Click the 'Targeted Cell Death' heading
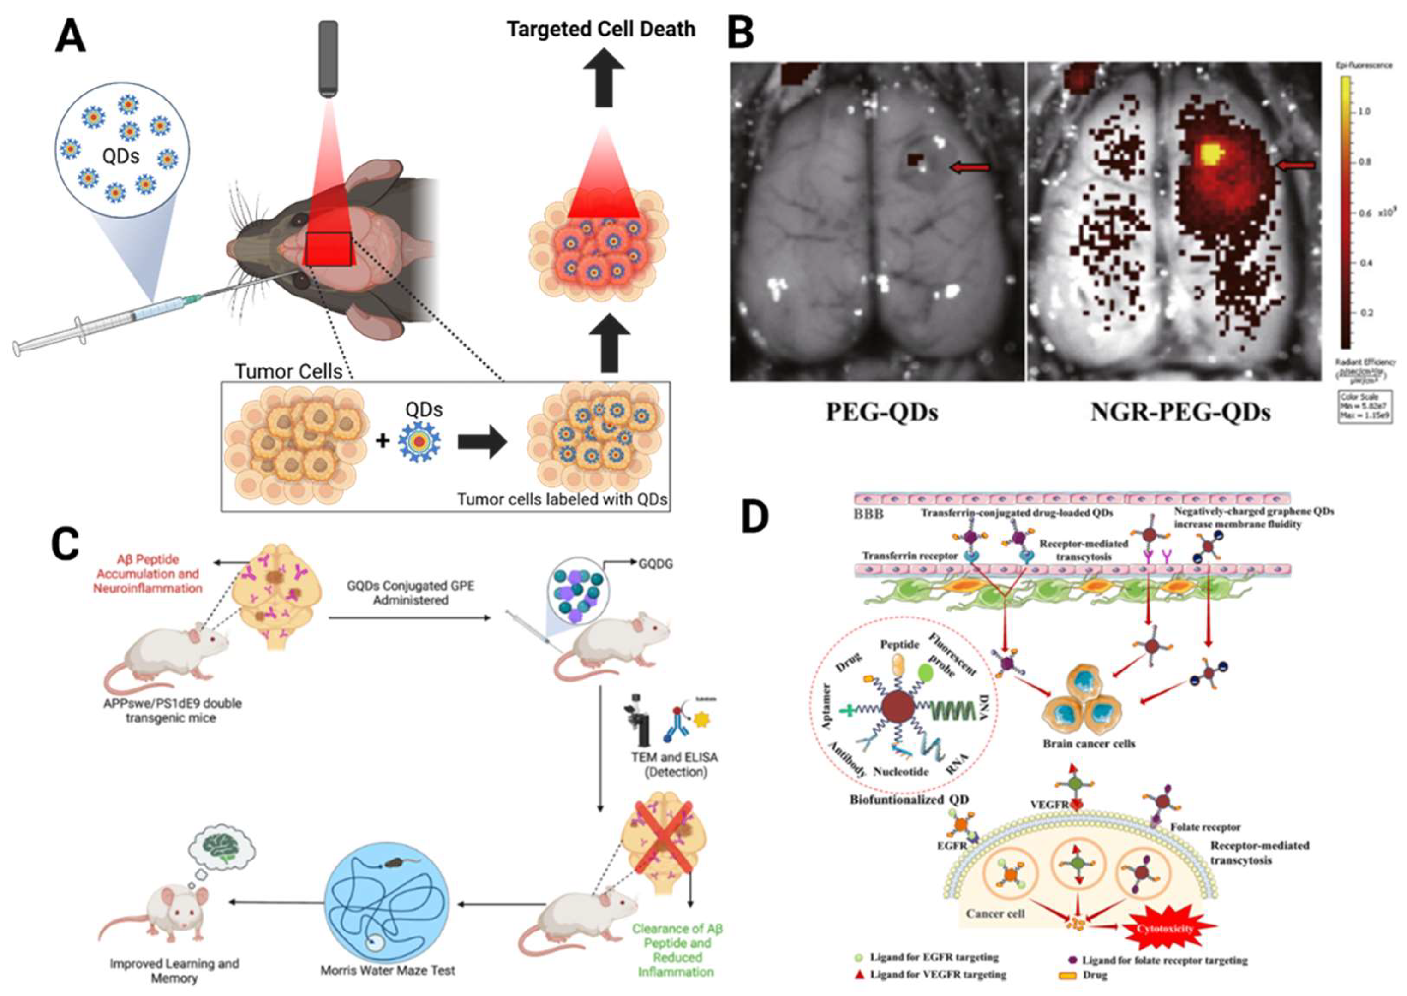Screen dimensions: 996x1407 (x=601, y=29)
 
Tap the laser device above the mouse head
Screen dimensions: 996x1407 (x=328, y=58)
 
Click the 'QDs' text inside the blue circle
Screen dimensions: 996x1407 (x=121, y=156)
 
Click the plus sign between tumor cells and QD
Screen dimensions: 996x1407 (x=382, y=440)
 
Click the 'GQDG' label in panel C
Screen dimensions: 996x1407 (x=655, y=563)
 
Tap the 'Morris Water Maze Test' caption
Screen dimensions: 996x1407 (x=388, y=971)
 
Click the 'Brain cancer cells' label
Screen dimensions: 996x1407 (x=1089, y=744)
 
